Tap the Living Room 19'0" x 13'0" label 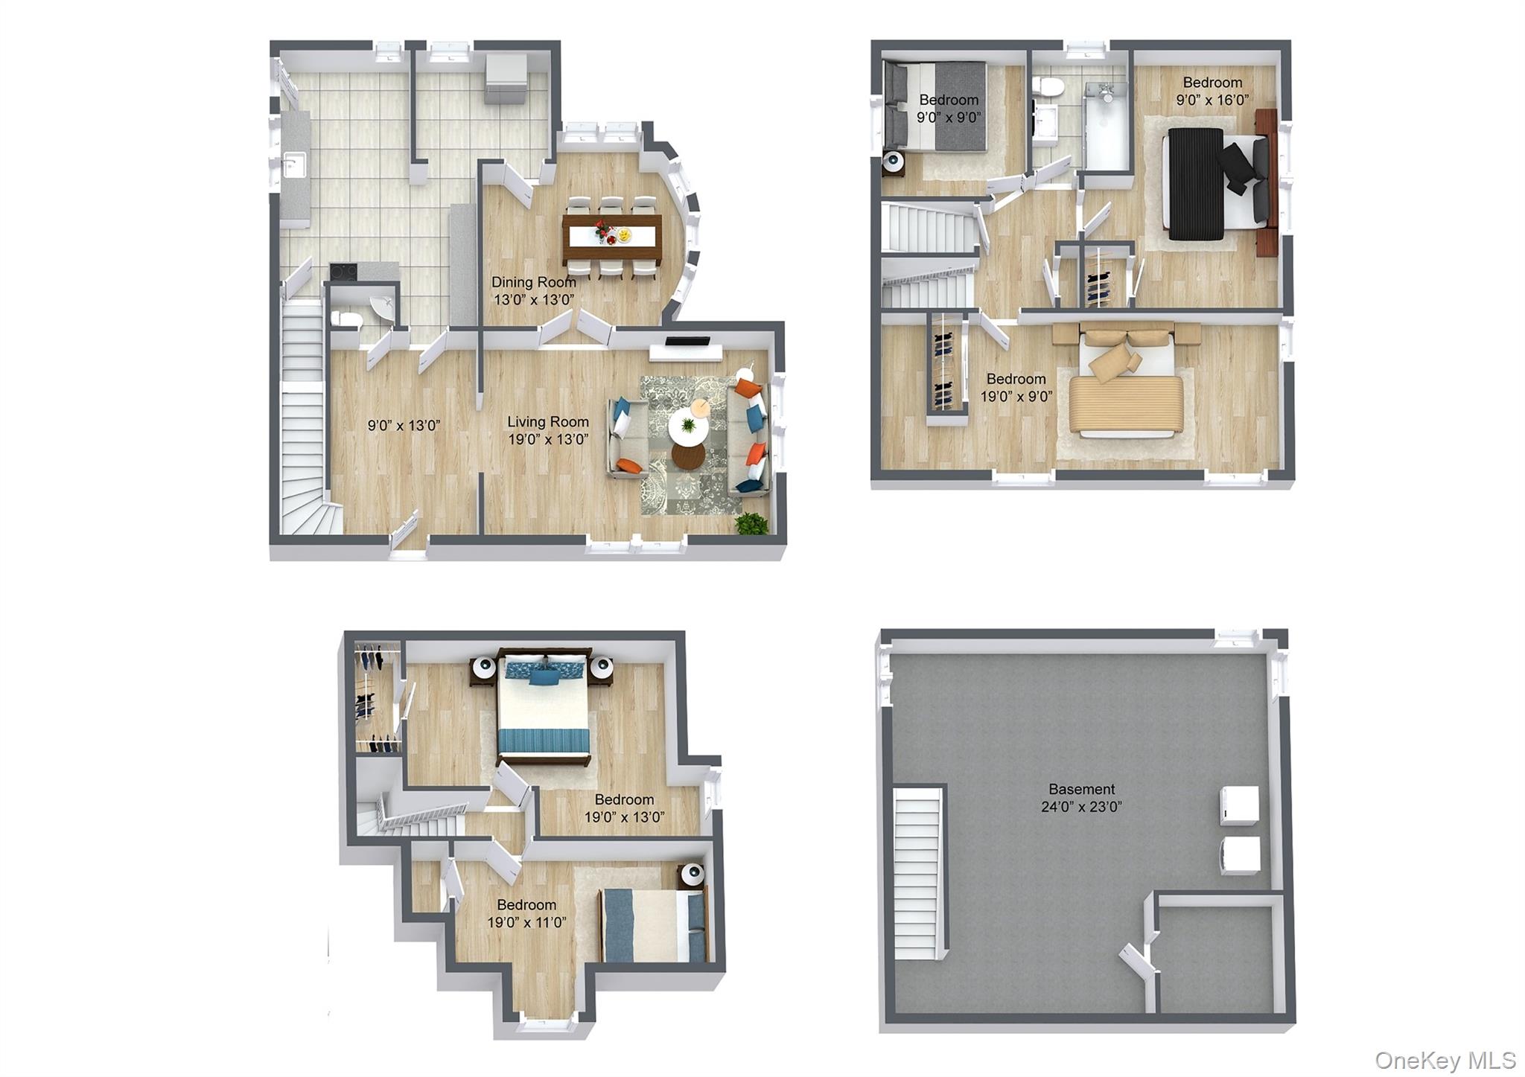pyautogui.click(x=548, y=430)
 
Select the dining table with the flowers pyautogui.click(x=612, y=237)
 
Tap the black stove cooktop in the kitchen pyautogui.click(x=343, y=272)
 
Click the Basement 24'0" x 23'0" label pyautogui.click(x=1081, y=797)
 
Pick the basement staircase pyautogui.click(x=917, y=874)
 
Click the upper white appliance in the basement pyautogui.click(x=1240, y=805)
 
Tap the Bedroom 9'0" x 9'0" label pyautogui.click(x=948, y=108)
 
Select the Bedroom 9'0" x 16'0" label pyautogui.click(x=1212, y=91)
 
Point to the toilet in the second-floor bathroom pyautogui.click(x=1049, y=88)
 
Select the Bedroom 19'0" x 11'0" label pyautogui.click(x=526, y=913)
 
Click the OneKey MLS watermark pyautogui.click(x=1445, y=1060)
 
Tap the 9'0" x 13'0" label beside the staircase pyautogui.click(x=404, y=426)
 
